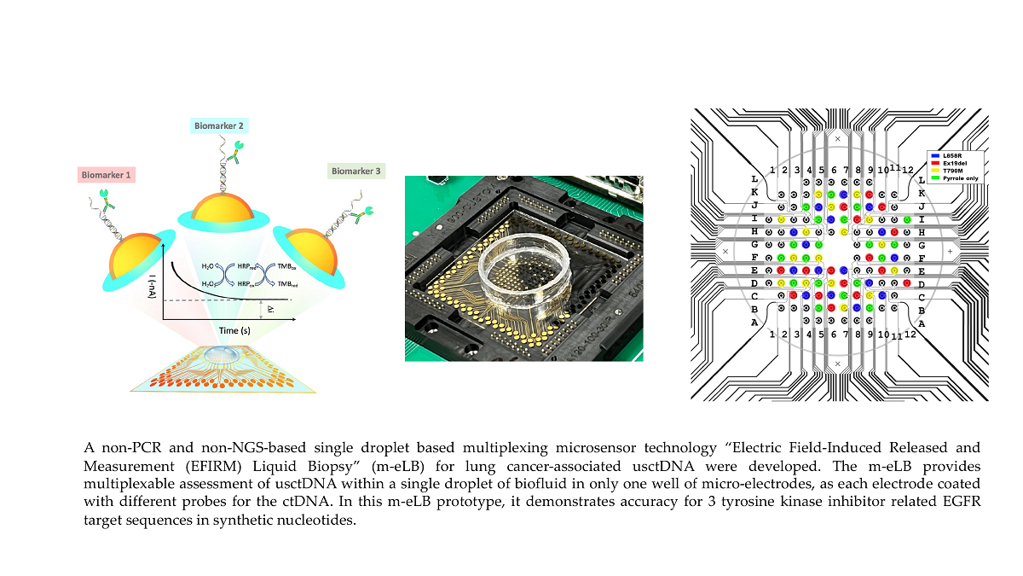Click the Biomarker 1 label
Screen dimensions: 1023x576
tap(106, 175)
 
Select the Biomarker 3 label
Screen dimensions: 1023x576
tap(357, 171)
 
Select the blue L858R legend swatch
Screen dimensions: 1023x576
tap(935, 154)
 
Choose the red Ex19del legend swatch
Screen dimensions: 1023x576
tap(935, 162)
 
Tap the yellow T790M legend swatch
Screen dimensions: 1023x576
tap(935, 170)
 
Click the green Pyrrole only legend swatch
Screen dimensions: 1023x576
tap(935, 177)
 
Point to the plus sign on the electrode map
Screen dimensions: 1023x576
tap(951, 252)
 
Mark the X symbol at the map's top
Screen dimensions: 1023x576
tap(838, 138)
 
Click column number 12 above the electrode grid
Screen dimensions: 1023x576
tap(910, 171)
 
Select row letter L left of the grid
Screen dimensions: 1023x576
tap(754, 179)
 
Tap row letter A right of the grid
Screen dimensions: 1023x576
tap(922, 323)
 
